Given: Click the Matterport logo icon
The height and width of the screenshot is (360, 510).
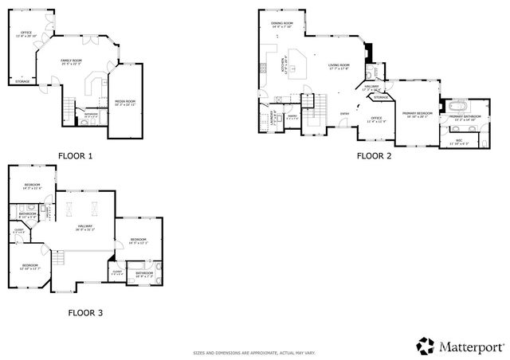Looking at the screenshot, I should click(426, 345).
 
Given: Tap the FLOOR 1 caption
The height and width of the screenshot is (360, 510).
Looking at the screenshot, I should click(75, 156).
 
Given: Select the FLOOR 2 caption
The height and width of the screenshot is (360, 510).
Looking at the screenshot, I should click(374, 156).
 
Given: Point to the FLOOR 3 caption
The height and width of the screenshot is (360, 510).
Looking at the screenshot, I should click(85, 313).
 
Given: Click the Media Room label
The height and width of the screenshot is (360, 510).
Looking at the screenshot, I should click(125, 103).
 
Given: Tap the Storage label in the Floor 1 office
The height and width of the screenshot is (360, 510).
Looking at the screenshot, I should click(22, 81).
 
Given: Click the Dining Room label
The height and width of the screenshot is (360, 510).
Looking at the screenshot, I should click(282, 25).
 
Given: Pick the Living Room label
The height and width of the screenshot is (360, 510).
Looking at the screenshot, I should click(339, 67).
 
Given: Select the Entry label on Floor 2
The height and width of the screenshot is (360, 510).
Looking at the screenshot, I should click(344, 114).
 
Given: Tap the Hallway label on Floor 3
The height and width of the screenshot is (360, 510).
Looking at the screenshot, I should click(84, 228).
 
